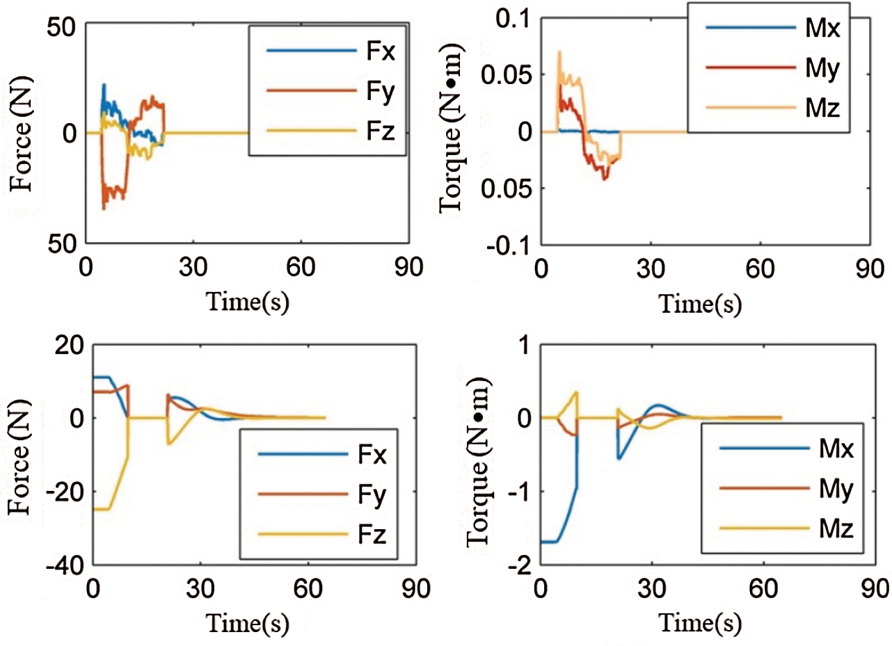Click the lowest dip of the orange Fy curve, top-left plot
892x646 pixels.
(104, 208)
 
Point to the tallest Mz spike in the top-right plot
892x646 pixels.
(559, 51)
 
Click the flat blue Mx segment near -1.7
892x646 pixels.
(550, 541)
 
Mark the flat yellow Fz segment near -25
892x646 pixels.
(101, 509)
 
